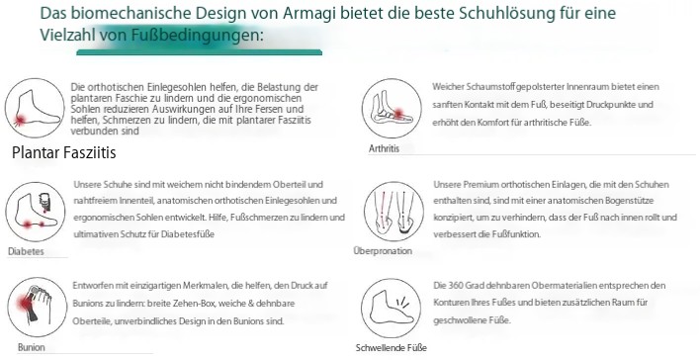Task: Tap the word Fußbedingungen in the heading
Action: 194,35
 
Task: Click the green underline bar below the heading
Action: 199,52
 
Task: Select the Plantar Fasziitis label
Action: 64,152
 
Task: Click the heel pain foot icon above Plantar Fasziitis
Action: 35,108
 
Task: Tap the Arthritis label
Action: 384,148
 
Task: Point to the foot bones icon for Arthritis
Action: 392,109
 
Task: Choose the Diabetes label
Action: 26,251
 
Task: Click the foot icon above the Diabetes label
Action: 36,212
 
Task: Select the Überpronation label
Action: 383,251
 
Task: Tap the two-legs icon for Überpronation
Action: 394,212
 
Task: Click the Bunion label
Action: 32,347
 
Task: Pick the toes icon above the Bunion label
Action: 38,308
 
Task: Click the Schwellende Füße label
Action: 392,347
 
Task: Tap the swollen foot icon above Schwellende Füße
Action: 392,309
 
